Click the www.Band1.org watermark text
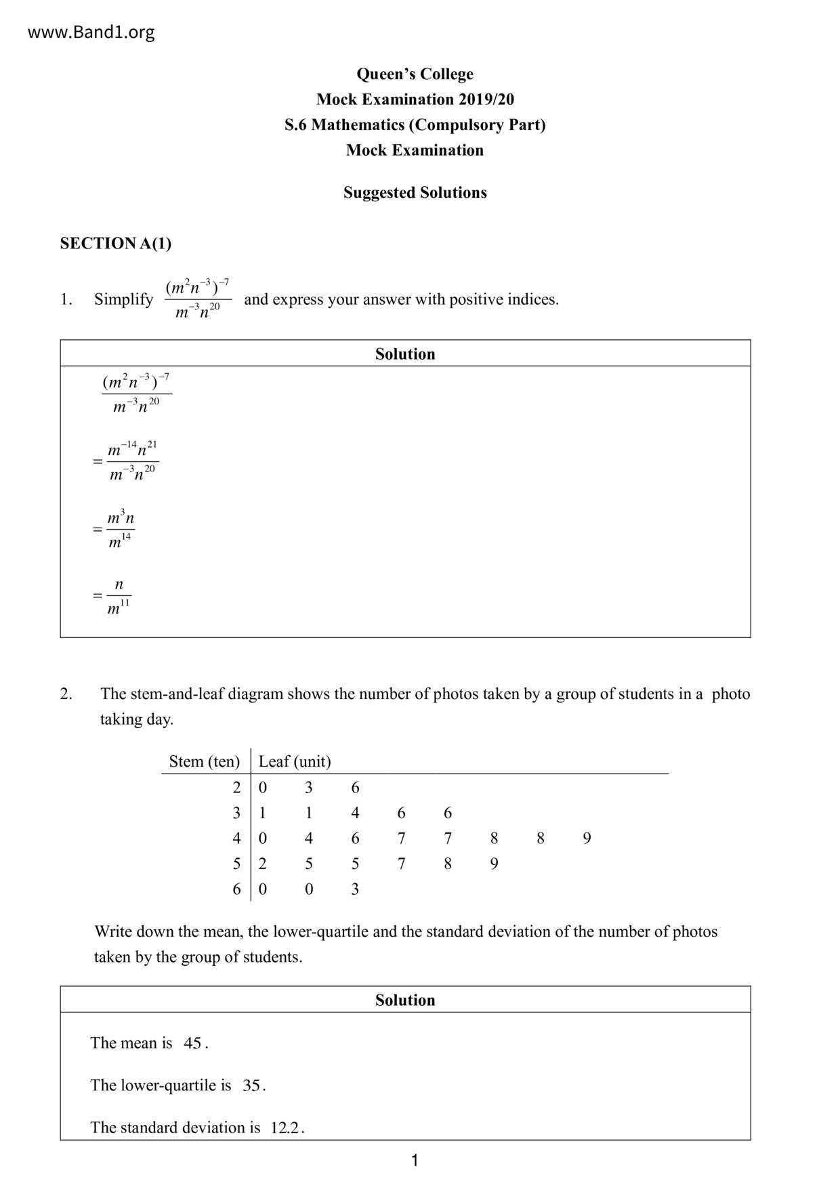coord(91,32)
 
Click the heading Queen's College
coord(415,74)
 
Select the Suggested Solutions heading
coord(415,192)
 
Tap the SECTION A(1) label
coord(116,243)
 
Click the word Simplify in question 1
coord(124,299)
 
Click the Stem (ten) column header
coord(204,761)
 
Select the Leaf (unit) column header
coord(295,761)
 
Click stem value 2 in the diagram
coord(236,787)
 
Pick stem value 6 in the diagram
coord(236,889)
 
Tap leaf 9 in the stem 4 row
coord(587,839)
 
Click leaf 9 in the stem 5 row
coord(494,864)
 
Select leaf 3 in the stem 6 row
coord(355,889)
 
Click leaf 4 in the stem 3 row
coord(355,813)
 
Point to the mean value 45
coord(192,1043)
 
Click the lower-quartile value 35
coord(251,1086)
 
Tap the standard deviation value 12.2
coord(285,1128)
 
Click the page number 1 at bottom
coord(415,1161)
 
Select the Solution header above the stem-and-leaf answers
coord(405,1000)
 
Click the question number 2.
coord(66,694)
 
